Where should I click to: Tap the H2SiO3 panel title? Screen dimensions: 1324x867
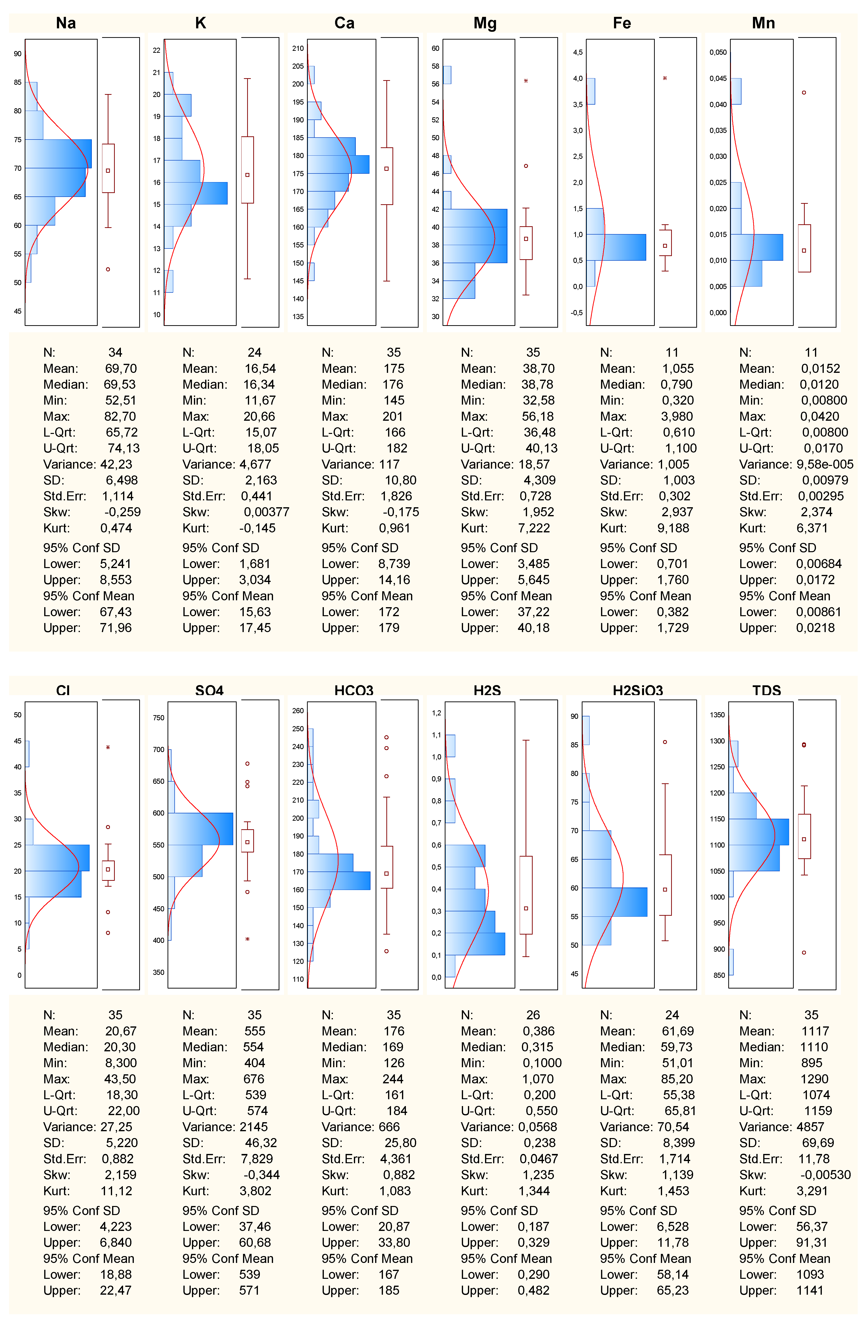(638, 690)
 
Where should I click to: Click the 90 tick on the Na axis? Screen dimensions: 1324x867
(18, 54)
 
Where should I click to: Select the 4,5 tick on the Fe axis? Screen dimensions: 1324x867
(578, 52)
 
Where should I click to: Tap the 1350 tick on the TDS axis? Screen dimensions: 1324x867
(717, 715)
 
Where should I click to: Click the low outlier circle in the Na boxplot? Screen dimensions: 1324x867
(108, 269)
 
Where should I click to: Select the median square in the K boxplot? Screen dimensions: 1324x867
(247, 175)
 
